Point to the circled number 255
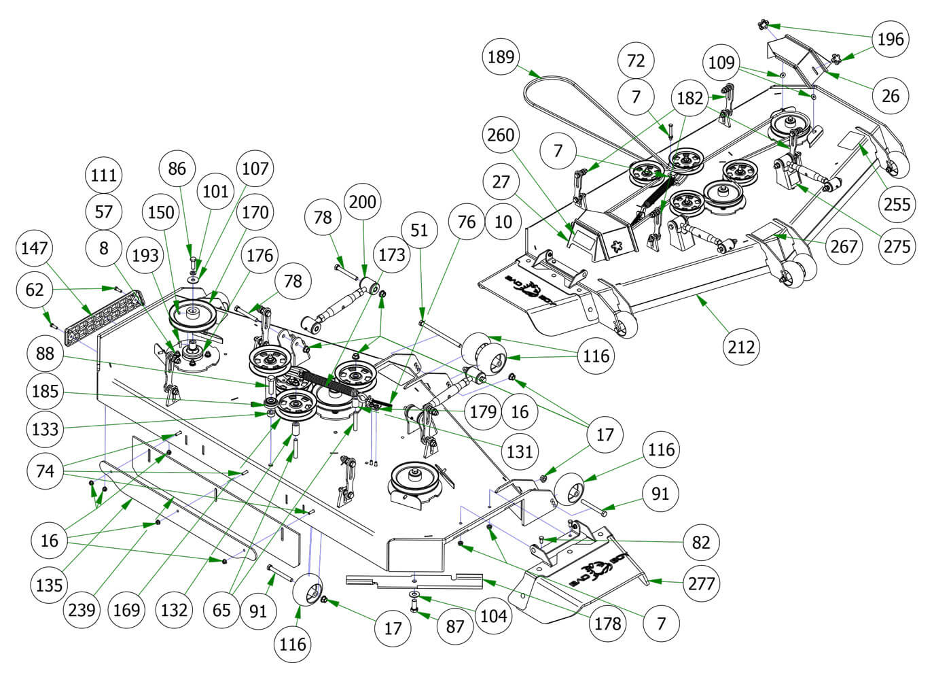coord(897,203)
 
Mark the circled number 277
coord(700,583)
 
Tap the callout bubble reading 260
coord(501,135)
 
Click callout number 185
coord(45,392)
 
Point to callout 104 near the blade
coord(493,616)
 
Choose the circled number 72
coord(636,60)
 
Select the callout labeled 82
coord(700,542)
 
